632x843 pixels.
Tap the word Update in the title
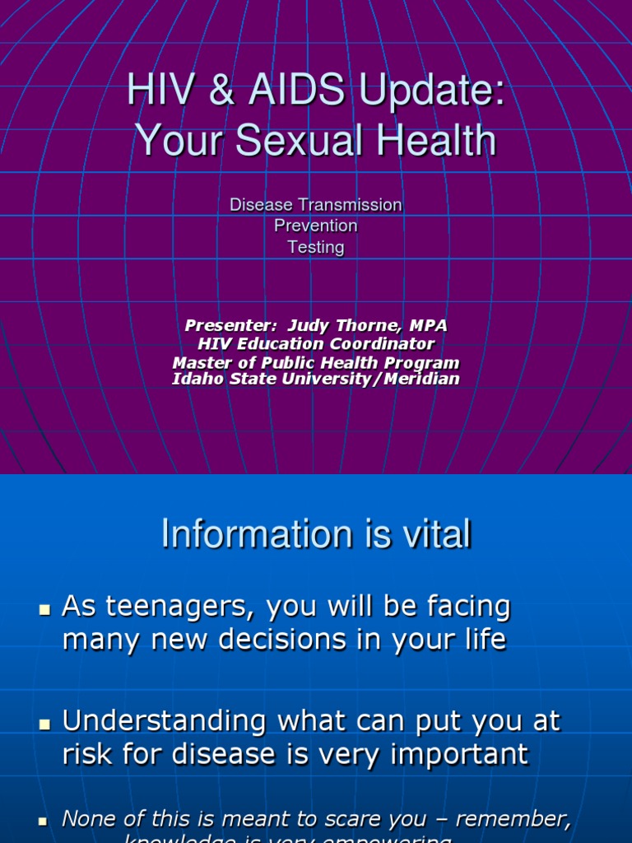click(x=416, y=91)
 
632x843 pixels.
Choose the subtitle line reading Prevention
click(x=316, y=226)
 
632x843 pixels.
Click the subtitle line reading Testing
click(x=316, y=247)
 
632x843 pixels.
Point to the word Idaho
click(x=195, y=379)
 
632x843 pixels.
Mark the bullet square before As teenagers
click(x=44, y=610)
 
